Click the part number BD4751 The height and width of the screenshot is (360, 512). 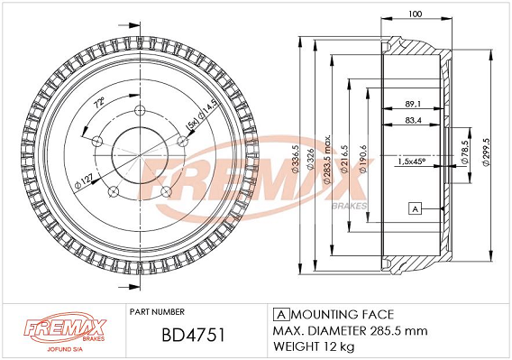(193, 335)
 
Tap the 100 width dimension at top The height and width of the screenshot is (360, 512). (415, 14)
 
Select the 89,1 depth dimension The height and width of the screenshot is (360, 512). (413, 104)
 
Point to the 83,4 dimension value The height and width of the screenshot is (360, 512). (413, 120)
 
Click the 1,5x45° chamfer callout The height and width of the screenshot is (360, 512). (411, 162)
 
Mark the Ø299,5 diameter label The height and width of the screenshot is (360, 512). (486, 152)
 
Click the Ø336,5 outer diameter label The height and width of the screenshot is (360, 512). (295, 158)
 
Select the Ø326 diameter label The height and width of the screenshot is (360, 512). (310, 159)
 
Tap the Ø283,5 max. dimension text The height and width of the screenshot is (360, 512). (327, 158)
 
